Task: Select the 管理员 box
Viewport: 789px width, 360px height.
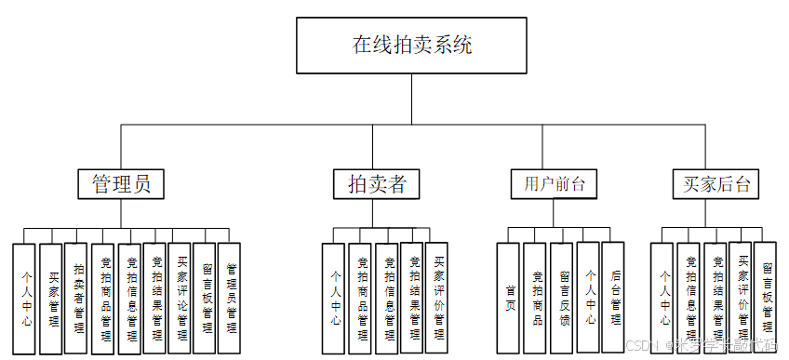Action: click(x=121, y=183)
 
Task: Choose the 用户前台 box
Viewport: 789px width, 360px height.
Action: click(x=554, y=183)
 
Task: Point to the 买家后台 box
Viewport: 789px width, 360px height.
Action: click(x=714, y=183)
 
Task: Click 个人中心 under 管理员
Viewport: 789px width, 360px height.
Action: click(x=24, y=299)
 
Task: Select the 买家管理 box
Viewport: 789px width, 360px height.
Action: click(x=51, y=299)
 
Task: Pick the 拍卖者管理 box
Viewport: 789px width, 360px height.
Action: click(x=77, y=297)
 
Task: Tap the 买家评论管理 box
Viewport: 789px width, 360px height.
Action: click(x=181, y=297)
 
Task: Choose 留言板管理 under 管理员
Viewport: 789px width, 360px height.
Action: click(x=206, y=297)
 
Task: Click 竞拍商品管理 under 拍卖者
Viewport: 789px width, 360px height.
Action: click(x=360, y=298)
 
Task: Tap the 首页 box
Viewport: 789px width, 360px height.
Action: click(x=508, y=298)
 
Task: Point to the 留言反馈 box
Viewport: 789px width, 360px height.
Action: click(x=561, y=298)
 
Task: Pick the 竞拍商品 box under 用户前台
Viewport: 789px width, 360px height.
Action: click(x=534, y=298)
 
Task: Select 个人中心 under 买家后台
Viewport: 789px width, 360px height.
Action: click(x=662, y=298)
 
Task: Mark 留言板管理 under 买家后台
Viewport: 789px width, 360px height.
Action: click(x=765, y=297)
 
